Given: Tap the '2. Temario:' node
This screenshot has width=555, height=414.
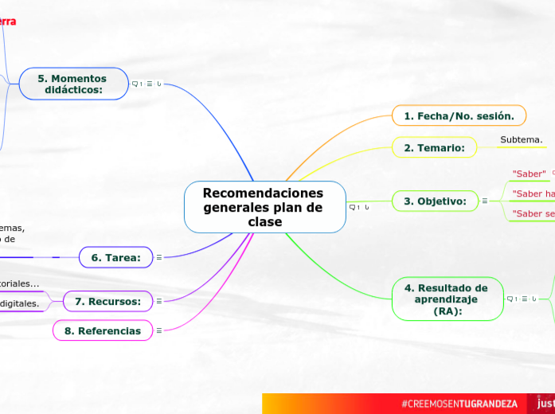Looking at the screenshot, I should click(x=434, y=147).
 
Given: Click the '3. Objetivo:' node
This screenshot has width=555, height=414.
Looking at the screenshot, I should click(x=435, y=201).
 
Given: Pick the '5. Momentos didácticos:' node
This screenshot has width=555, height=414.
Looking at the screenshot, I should click(x=72, y=84).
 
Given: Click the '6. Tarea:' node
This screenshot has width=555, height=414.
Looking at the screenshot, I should click(x=116, y=257).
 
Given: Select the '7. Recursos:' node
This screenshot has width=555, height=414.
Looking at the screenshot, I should click(x=107, y=301).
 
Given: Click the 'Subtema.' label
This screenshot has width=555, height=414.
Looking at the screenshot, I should click(x=522, y=140).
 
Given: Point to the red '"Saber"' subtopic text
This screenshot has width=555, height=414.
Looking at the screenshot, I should click(x=529, y=173).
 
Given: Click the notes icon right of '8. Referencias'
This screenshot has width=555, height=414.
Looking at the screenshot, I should click(x=159, y=330).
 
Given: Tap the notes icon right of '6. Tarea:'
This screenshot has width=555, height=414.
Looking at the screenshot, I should click(x=159, y=257).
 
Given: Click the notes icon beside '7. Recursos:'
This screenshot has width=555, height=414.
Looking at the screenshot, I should click(x=159, y=301).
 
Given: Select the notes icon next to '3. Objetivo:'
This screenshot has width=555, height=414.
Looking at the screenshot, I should click(x=485, y=201).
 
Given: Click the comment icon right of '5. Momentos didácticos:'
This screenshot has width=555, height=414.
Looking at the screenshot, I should click(x=135, y=84).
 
